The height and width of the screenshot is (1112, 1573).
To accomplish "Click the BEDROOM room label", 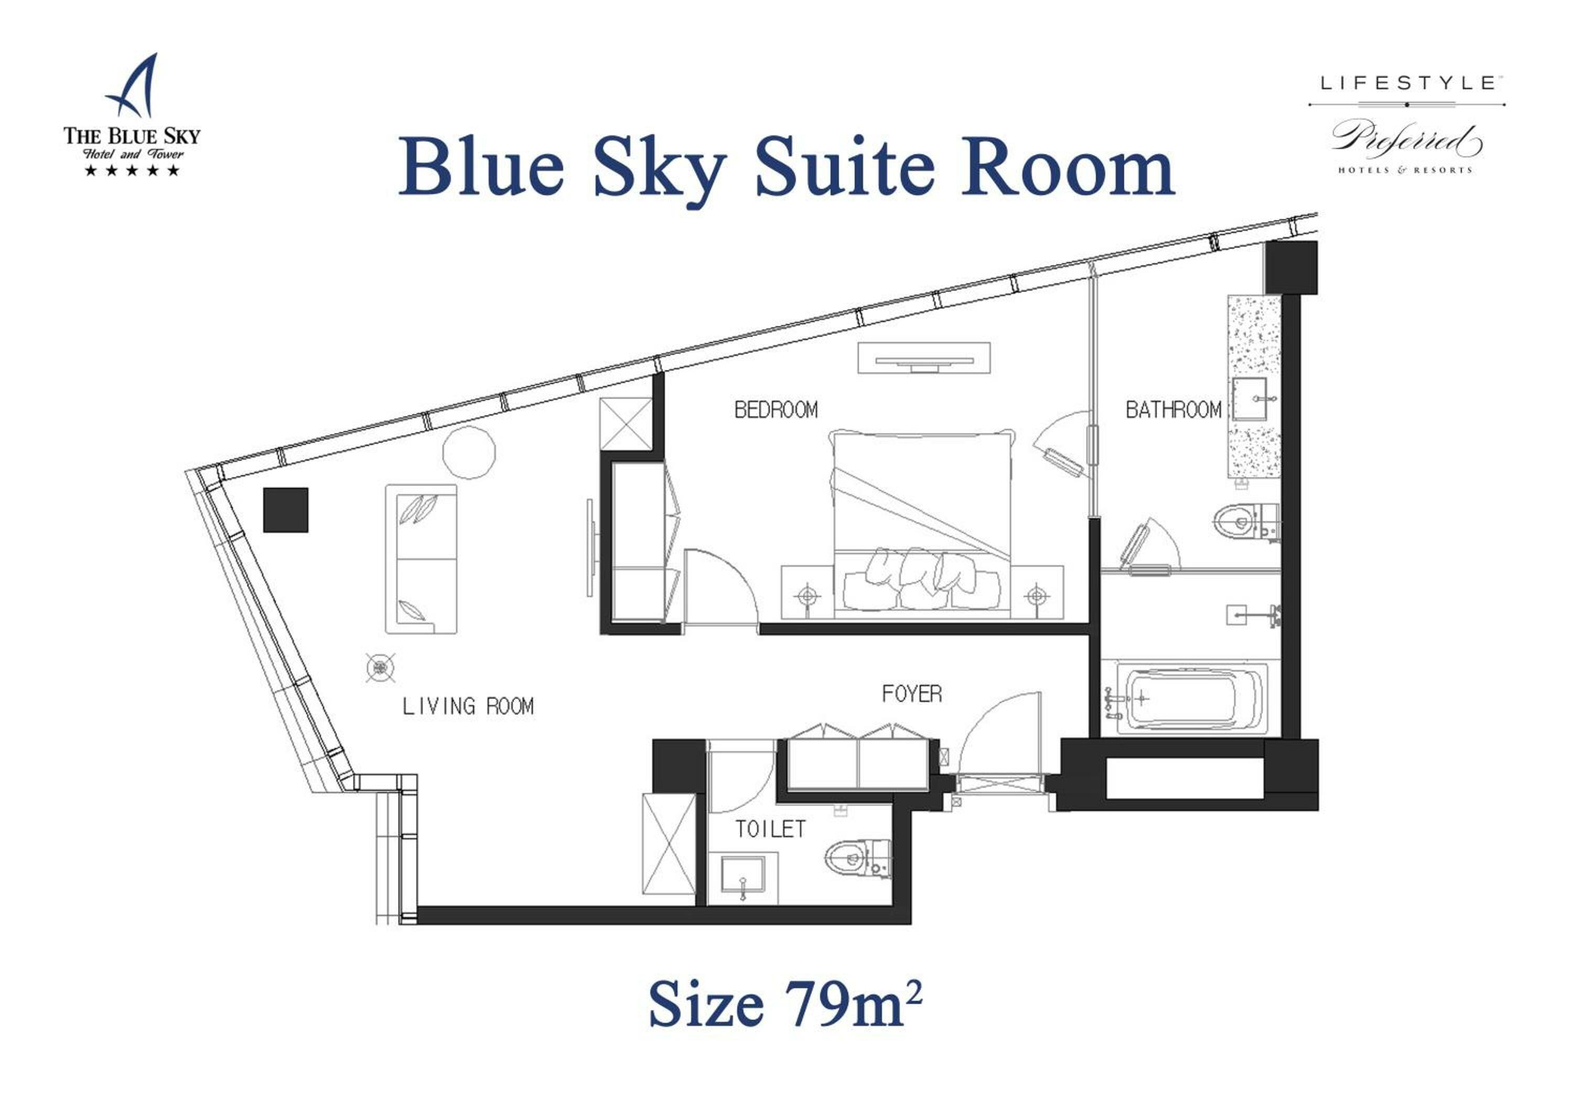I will click(x=775, y=410).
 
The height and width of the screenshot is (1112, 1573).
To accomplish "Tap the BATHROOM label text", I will click(x=1173, y=410).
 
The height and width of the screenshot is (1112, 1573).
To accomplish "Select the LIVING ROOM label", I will click(x=468, y=707).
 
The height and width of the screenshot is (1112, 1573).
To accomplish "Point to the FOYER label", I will click(x=911, y=694).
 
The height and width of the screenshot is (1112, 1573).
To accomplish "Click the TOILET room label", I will click(x=770, y=829).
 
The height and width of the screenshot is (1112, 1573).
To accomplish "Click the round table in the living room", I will click(x=469, y=452).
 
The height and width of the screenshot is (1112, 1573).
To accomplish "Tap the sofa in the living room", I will click(x=421, y=559).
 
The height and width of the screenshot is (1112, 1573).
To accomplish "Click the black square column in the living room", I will click(x=286, y=510).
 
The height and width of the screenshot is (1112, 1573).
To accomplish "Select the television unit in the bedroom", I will click(x=923, y=358).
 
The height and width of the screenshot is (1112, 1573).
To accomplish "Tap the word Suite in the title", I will click(x=844, y=168).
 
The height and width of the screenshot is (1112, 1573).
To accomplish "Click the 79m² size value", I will click(x=852, y=1004).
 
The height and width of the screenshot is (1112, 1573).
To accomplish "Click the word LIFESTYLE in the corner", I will click(x=1406, y=83).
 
